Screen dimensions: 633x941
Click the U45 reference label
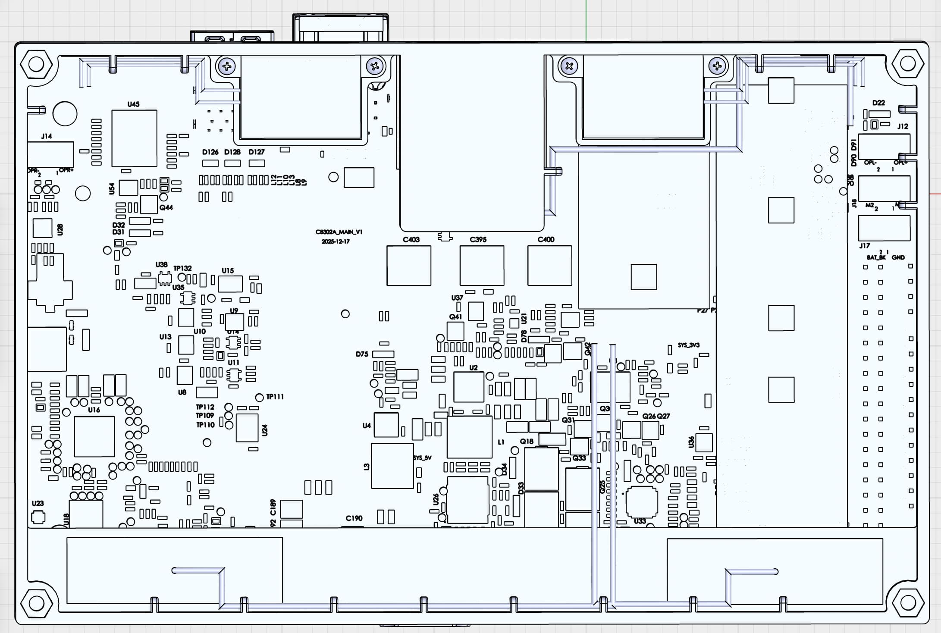[x=133, y=104]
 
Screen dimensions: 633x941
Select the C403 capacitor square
[x=408, y=266]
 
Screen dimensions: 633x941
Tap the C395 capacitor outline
[x=482, y=266]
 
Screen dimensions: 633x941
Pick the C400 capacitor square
[x=549, y=266]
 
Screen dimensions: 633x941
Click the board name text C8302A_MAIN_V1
[x=339, y=232]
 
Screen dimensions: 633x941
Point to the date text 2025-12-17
[x=336, y=241]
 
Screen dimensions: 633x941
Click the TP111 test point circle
[x=260, y=397]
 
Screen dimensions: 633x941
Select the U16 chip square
[x=94, y=436]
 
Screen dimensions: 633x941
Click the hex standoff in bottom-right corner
[x=907, y=603]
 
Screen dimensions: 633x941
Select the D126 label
[x=210, y=152]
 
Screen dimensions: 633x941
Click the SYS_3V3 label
[x=688, y=345]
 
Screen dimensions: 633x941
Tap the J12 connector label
[x=902, y=126]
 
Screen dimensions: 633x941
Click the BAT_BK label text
[x=876, y=257]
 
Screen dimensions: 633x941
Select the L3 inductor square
[x=392, y=466]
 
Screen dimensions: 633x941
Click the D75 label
[x=362, y=354]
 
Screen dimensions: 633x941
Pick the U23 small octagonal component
[x=38, y=517]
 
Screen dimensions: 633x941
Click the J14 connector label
[x=47, y=136]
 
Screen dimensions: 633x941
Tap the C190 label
[x=354, y=518]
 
